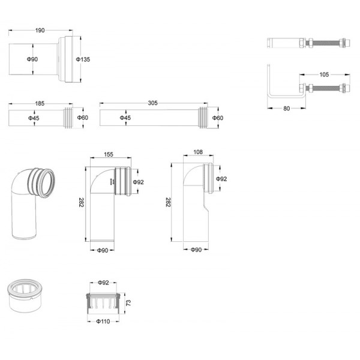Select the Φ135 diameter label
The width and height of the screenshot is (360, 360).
tap(83, 59)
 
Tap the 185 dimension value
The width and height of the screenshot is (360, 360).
tap(39, 104)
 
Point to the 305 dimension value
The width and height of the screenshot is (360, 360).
tap(152, 103)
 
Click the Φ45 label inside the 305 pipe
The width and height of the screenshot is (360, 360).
tap(125, 118)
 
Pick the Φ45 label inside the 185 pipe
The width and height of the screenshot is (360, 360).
tap(34, 118)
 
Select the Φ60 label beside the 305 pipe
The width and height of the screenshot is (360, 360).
tap(218, 118)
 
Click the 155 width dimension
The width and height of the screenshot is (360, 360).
tap(109, 154)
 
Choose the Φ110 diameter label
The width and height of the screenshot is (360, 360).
tap(103, 322)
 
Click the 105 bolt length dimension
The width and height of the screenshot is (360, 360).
tap(324, 75)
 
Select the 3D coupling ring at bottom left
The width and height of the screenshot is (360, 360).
tap(22, 296)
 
